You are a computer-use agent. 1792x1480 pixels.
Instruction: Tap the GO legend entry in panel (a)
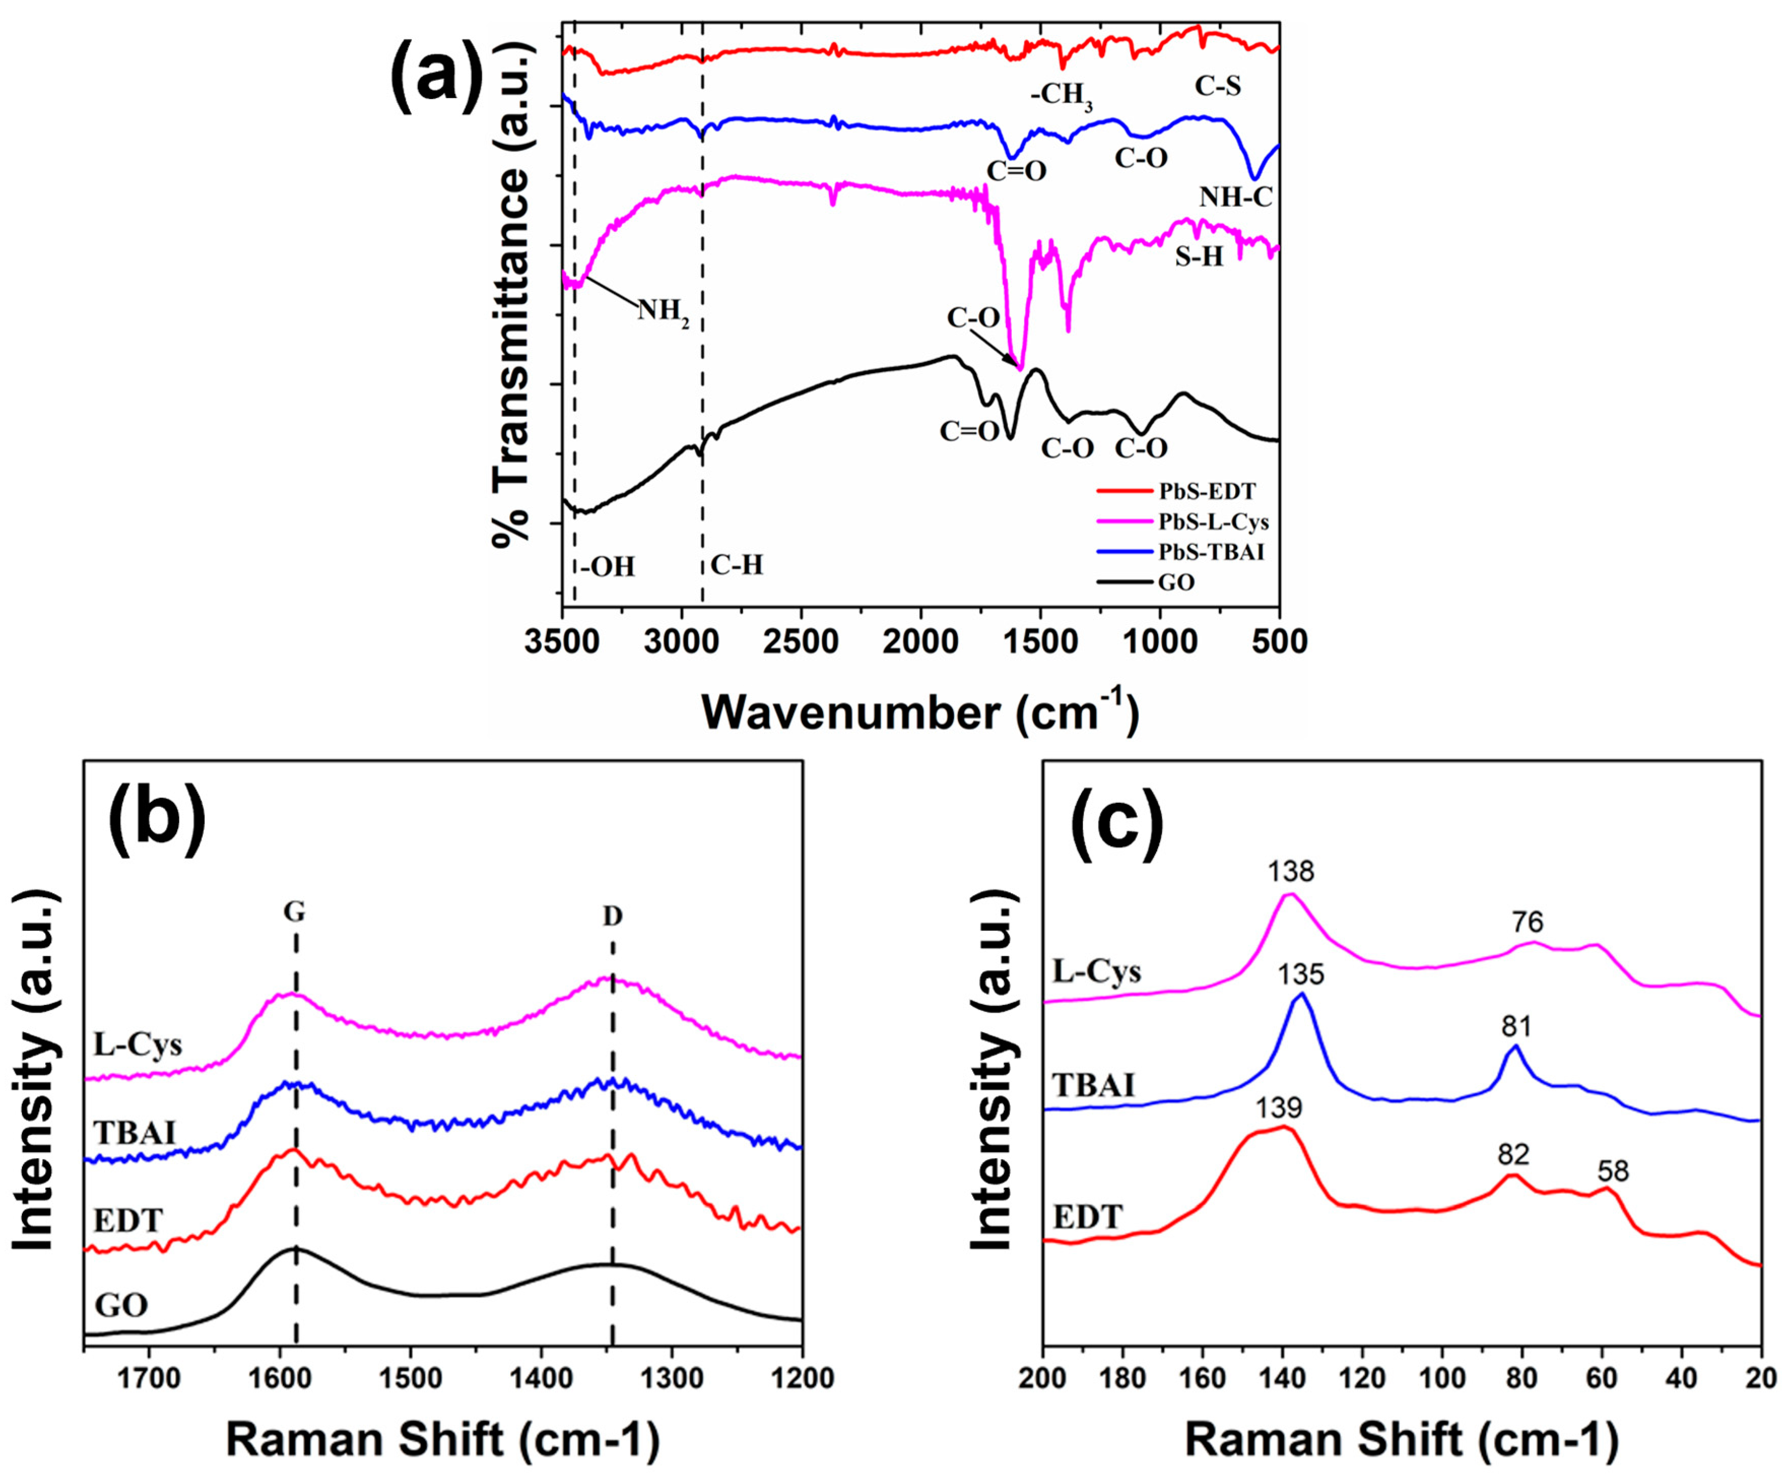[x=1177, y=583]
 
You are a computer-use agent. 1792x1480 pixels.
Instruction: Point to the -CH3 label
[x=1061, y=94]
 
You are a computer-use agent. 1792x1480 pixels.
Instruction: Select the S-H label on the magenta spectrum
[x=1199, y=256]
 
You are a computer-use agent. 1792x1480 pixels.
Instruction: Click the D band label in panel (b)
[x=612, y=916]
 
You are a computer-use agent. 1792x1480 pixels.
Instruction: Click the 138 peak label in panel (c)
[x=1290, y=871]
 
